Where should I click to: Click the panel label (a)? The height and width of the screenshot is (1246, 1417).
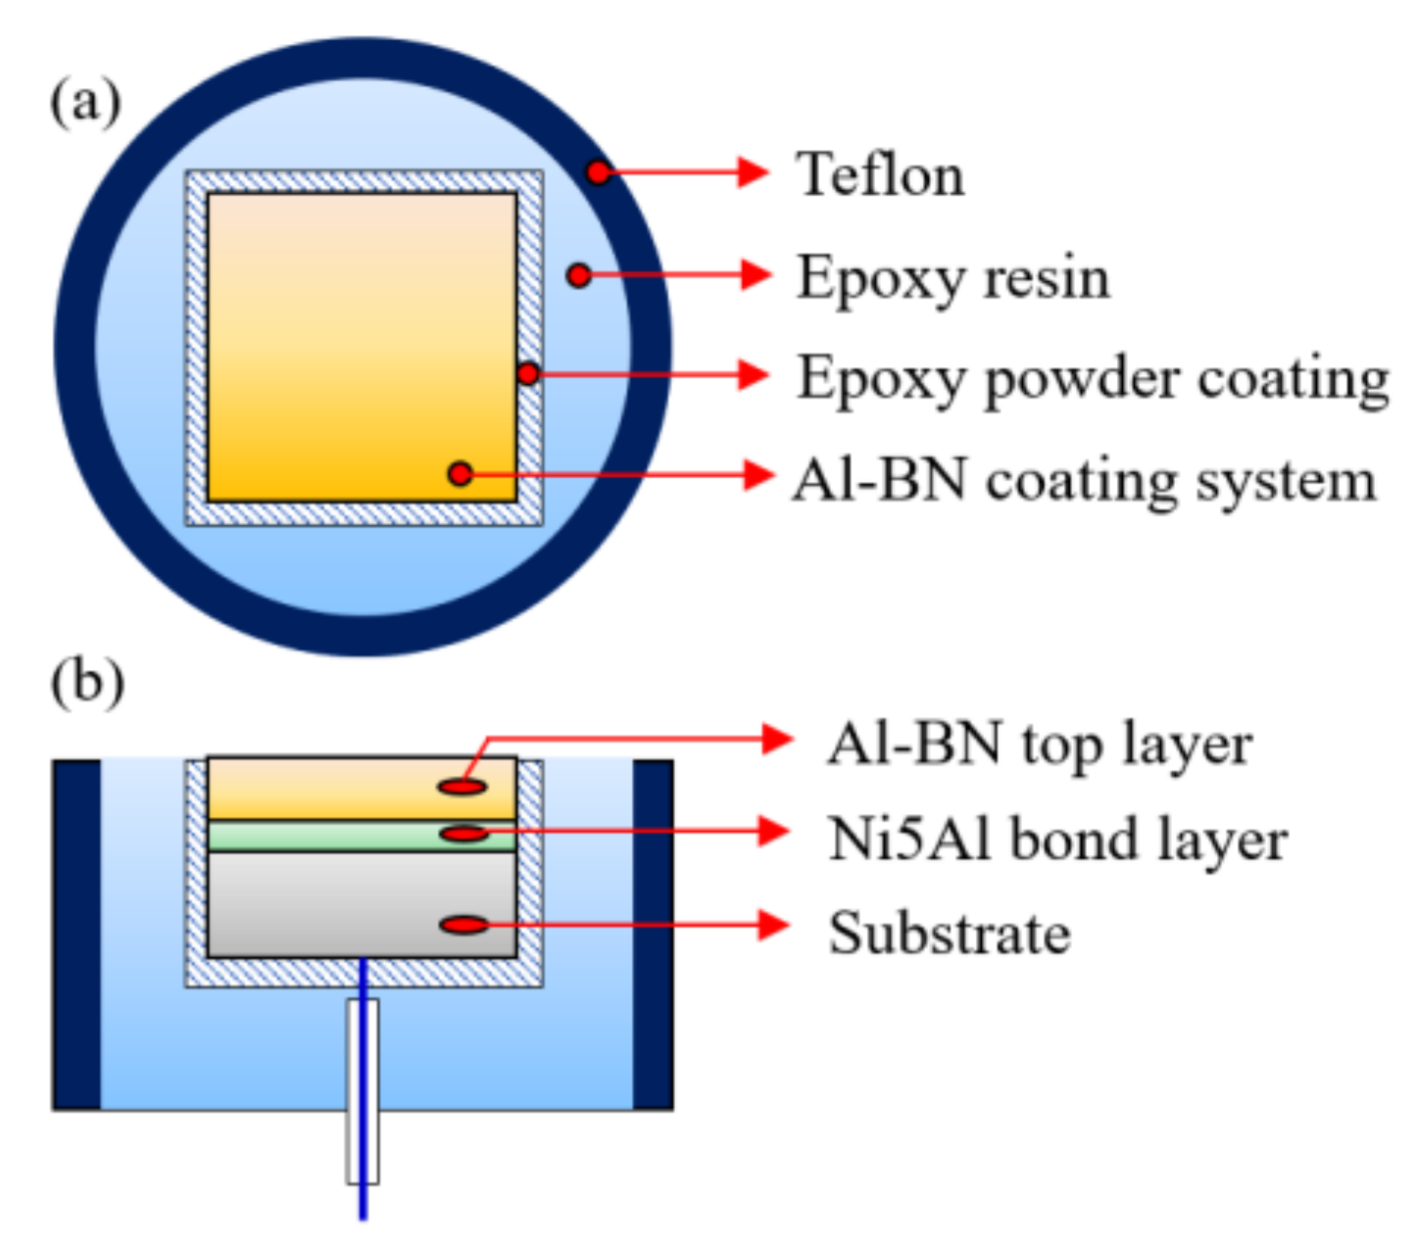(x=86, y=102)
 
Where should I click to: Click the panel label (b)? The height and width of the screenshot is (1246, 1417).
(x=87, y=682)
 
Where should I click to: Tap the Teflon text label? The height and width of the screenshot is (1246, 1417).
(x=880, y=175)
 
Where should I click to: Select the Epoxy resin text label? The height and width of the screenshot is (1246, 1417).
(x=953, y=277)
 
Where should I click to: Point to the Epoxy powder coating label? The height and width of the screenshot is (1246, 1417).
(x=1092, y=379)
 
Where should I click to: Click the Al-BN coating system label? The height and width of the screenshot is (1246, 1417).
(x=1084, y=481)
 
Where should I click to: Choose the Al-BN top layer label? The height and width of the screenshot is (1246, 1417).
(x=1040, y=744)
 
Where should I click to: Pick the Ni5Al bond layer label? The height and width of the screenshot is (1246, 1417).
(x=1057, y=839)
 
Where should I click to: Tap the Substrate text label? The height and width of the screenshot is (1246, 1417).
(x=949, y=933)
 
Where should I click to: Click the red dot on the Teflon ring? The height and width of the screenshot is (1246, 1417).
(x=598, y=172)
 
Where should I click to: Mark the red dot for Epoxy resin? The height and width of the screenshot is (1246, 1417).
(x=579, y=274)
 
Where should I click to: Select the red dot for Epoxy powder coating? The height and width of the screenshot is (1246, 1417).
(x=527, y=373)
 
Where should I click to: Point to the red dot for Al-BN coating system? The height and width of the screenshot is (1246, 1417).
(x=460, y=474)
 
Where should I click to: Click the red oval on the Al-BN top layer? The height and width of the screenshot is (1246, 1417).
(x=463, y=786)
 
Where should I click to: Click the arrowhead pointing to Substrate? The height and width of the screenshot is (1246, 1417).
(x=774, y=925)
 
